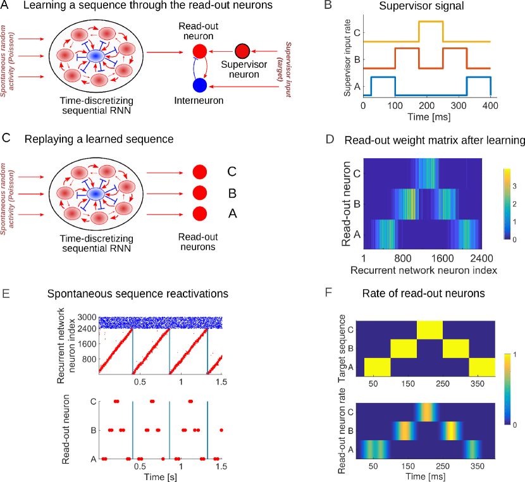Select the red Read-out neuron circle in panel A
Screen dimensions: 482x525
(199, 51)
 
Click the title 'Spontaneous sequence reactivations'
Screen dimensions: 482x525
(139, 294)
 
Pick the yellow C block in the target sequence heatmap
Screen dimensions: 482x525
(430, 330)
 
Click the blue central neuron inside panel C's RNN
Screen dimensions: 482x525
(95, 193)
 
